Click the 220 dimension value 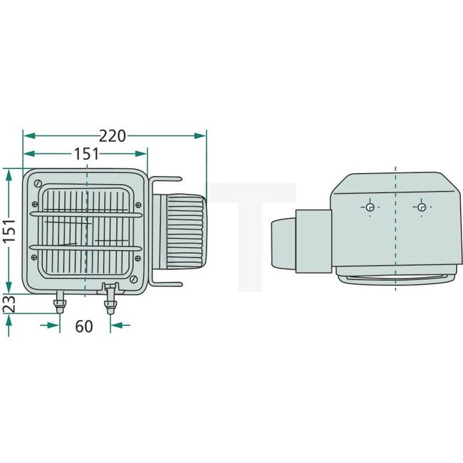(113, 135)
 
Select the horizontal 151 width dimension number (86, 154)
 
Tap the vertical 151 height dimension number (8, 230)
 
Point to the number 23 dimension (8, 303)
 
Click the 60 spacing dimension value (84, 326)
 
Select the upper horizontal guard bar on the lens (85, 212)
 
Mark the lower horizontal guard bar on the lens (85, 247)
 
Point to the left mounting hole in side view (370, 207)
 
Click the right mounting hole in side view (422, 207)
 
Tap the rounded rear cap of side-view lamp (281, 242)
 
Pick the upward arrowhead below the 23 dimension (8, 321)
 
